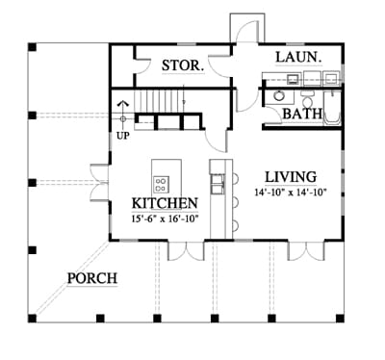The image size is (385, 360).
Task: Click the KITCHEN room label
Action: point(165,203)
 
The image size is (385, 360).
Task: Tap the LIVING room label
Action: point(291,177)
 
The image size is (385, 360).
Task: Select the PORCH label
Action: point(92,278)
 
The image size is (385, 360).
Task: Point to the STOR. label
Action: point(183,65)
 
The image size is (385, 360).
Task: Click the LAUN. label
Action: point(298,58)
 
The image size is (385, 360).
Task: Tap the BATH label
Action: point(302,114)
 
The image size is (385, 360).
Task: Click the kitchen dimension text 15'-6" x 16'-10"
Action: point(166,219)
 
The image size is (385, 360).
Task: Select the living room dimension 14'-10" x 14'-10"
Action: point(291,193)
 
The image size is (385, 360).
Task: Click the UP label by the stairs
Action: point(123,136)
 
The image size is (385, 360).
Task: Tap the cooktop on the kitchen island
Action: point(161,184)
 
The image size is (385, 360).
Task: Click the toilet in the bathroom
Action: point(308,99)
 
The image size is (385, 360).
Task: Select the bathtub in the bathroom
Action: point(332,108)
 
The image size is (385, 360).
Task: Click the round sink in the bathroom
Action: point(278,95)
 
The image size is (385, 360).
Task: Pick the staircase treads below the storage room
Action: point(159,101)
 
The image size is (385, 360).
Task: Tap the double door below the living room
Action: point(307,250)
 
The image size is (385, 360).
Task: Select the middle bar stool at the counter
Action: point(236,202)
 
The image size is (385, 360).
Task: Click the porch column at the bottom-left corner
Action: point(32,318)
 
